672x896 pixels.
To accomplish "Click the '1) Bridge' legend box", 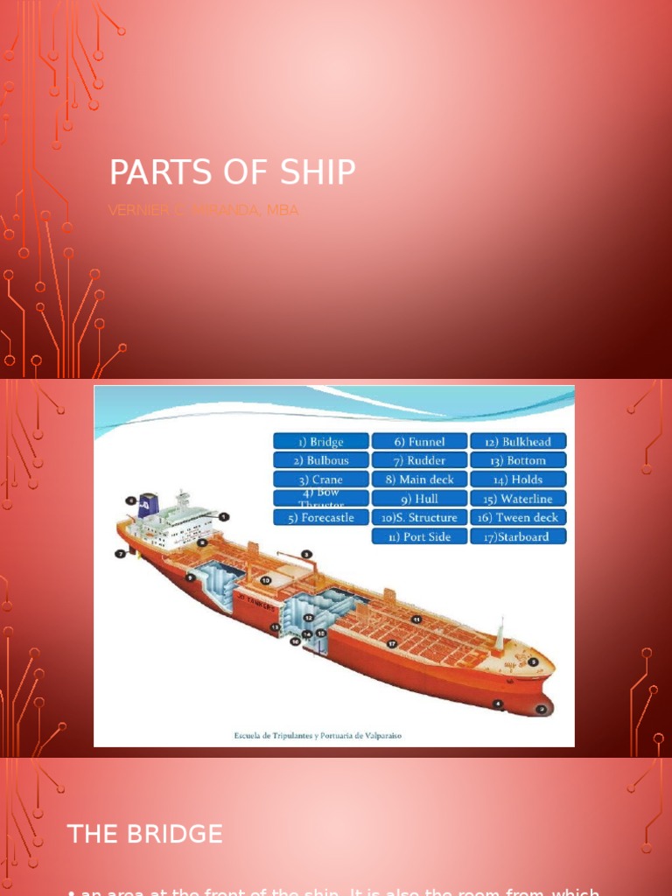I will [320, 442].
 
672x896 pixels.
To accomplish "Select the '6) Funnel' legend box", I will [419, 442].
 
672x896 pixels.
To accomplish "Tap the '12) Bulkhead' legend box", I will [518, 442].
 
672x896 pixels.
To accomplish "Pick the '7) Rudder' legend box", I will [419, 460].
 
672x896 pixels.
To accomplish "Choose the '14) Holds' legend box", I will [518, 479].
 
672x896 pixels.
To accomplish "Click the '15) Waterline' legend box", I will [518, 499].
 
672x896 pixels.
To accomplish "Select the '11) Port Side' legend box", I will [419, 536].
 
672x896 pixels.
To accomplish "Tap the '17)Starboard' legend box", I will [518, 536].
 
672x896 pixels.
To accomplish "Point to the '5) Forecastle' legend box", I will [320, 517].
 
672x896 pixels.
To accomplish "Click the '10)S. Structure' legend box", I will [419, 517].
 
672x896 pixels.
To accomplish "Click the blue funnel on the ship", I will [149, 507].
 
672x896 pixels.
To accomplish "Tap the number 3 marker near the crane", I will [307, 554].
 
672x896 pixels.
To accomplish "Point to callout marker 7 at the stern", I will [120, 554].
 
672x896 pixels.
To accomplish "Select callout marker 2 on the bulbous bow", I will [542, 709].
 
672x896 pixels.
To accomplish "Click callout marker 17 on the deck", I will [393, 644].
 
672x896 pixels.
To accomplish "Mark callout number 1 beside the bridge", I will [224, 517].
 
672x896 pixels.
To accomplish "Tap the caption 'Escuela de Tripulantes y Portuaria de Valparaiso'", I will [318, 736].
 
